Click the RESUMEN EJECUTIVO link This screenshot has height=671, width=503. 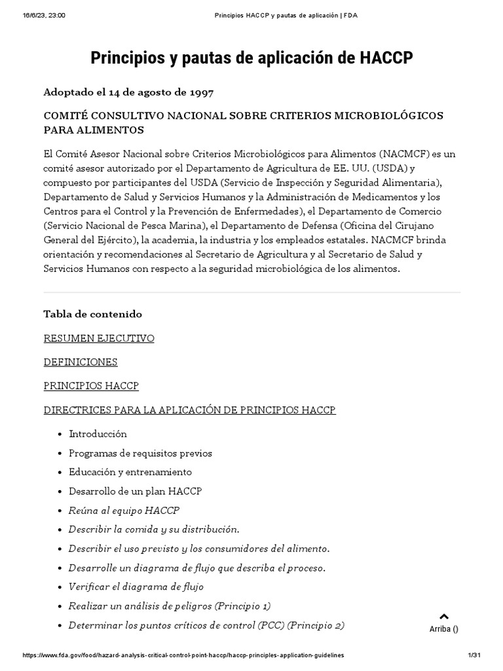click(x=99, y=338)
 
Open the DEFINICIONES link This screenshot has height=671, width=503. click(x=81, y=362)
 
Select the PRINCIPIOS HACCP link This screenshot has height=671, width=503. click(x=91, y=386)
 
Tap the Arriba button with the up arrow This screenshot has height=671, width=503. click(x=443, y=622)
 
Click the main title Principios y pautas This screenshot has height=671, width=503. click(x=251, y=58)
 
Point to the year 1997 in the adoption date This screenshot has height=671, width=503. click(x=199, y=92)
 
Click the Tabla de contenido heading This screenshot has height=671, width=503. click(x=92, y=314)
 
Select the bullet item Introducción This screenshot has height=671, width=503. click(x=98, y=434)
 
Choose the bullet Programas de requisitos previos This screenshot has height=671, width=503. click(x=140, y=453)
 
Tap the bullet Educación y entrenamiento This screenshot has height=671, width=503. click(x=130, y=472)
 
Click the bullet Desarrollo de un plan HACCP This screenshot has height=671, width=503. click(x=135, y=491)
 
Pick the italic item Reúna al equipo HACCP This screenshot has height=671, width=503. click(x=124, y=510)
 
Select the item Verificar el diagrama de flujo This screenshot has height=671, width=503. click(x=136, y=586)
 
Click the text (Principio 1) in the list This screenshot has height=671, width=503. click(x=242, y=606)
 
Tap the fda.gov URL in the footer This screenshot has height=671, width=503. click(x=183, y=655)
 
